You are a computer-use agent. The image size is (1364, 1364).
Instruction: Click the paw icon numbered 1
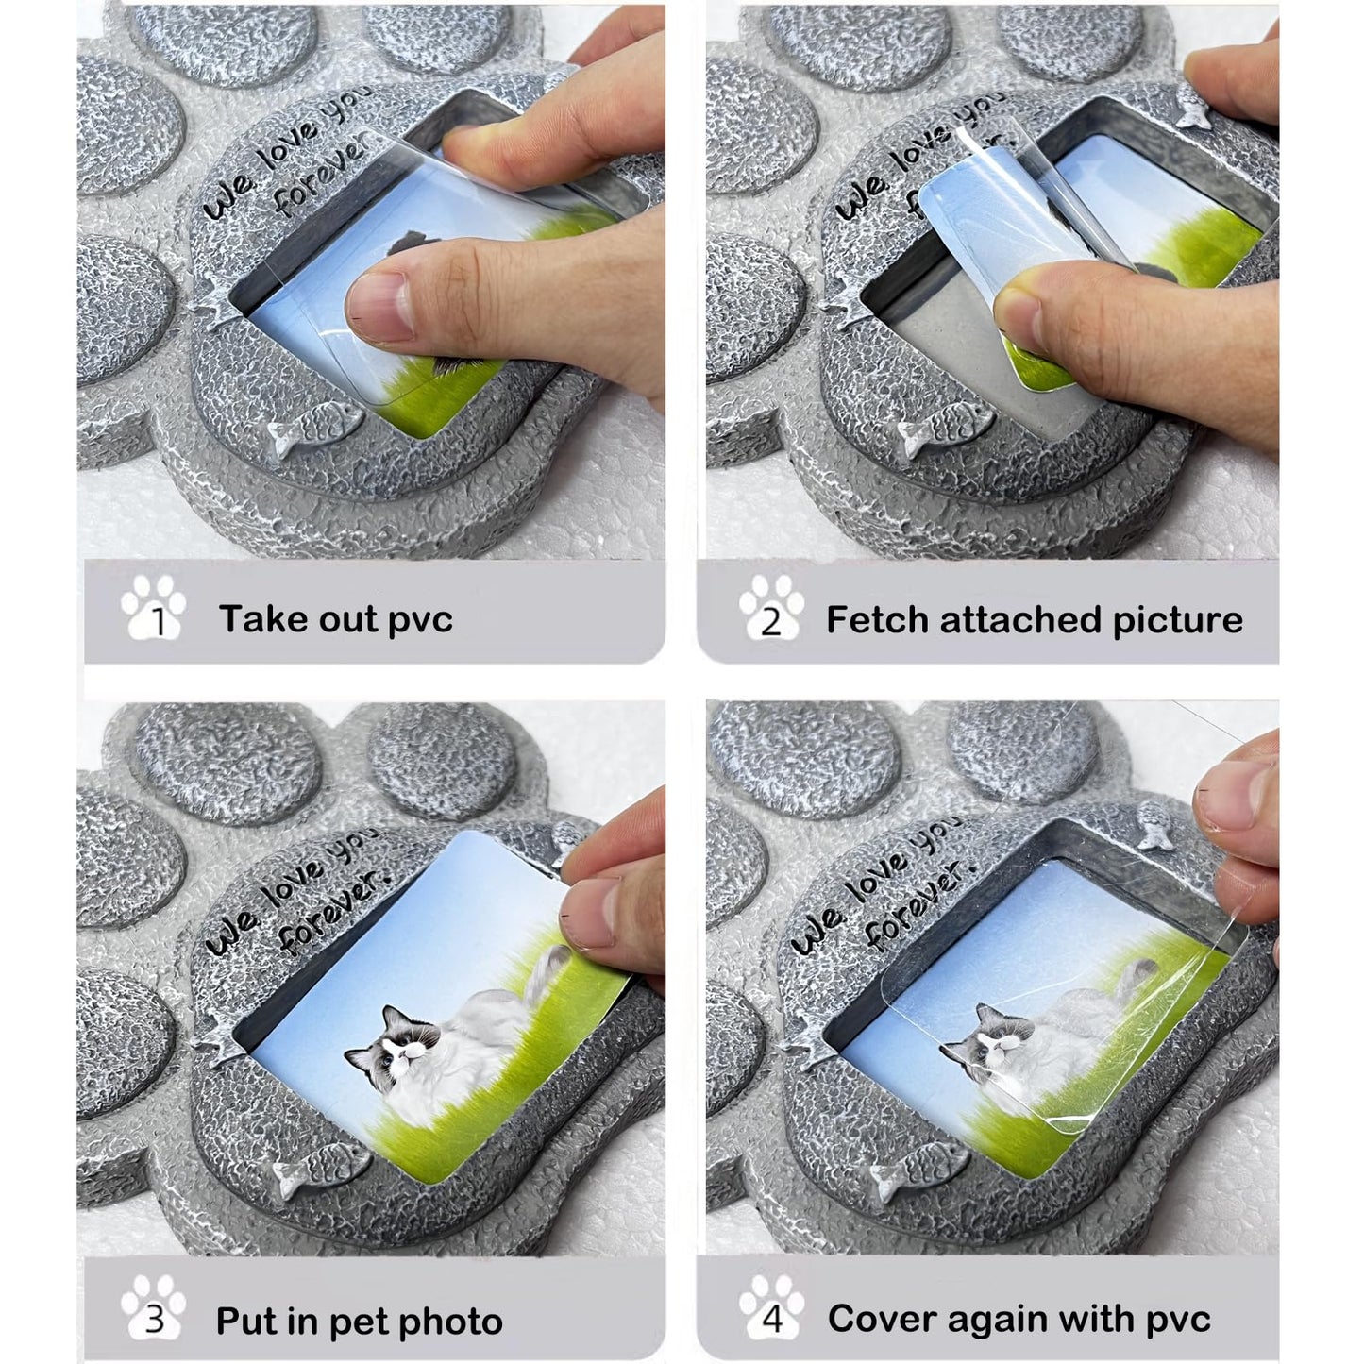(x=153, y=607)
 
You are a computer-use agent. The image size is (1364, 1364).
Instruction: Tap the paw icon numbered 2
(x=771, y=607)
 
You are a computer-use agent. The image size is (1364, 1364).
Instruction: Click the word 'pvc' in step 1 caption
(x=420, y=621)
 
